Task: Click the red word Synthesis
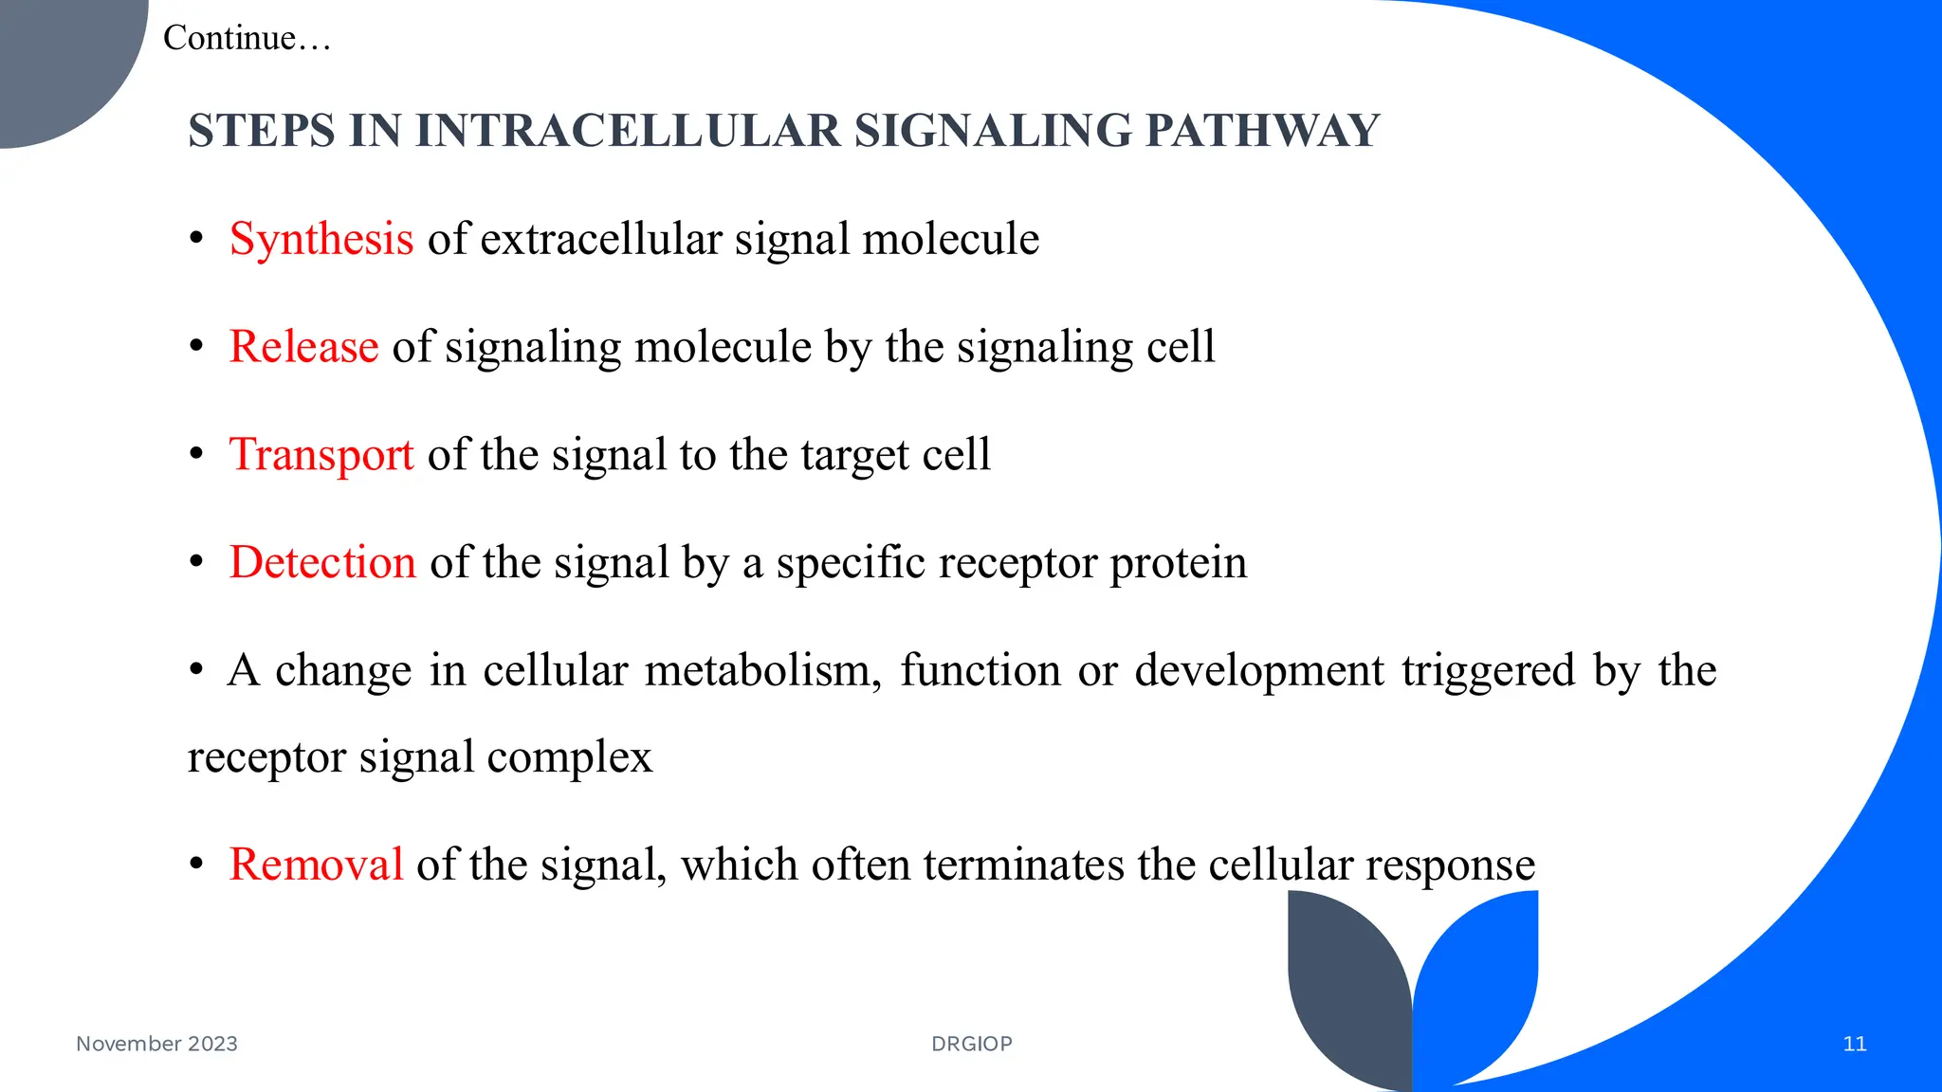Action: [x=321, y=239]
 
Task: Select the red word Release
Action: [x=303, y=347]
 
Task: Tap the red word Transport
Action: [x=321, y=455]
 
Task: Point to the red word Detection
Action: [x=322, y=563]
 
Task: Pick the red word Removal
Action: [x=316, y=864]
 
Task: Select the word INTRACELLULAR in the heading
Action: [x=628, y=131]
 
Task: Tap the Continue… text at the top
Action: [x=247, y=38]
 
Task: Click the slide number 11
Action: [x=1855, y=1044]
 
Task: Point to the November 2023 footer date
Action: [x=156, y=1044]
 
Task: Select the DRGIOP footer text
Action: [x=972, y=1044]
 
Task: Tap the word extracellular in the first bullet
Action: [x=601, y=239]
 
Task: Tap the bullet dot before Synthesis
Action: [x=196, y=239]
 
